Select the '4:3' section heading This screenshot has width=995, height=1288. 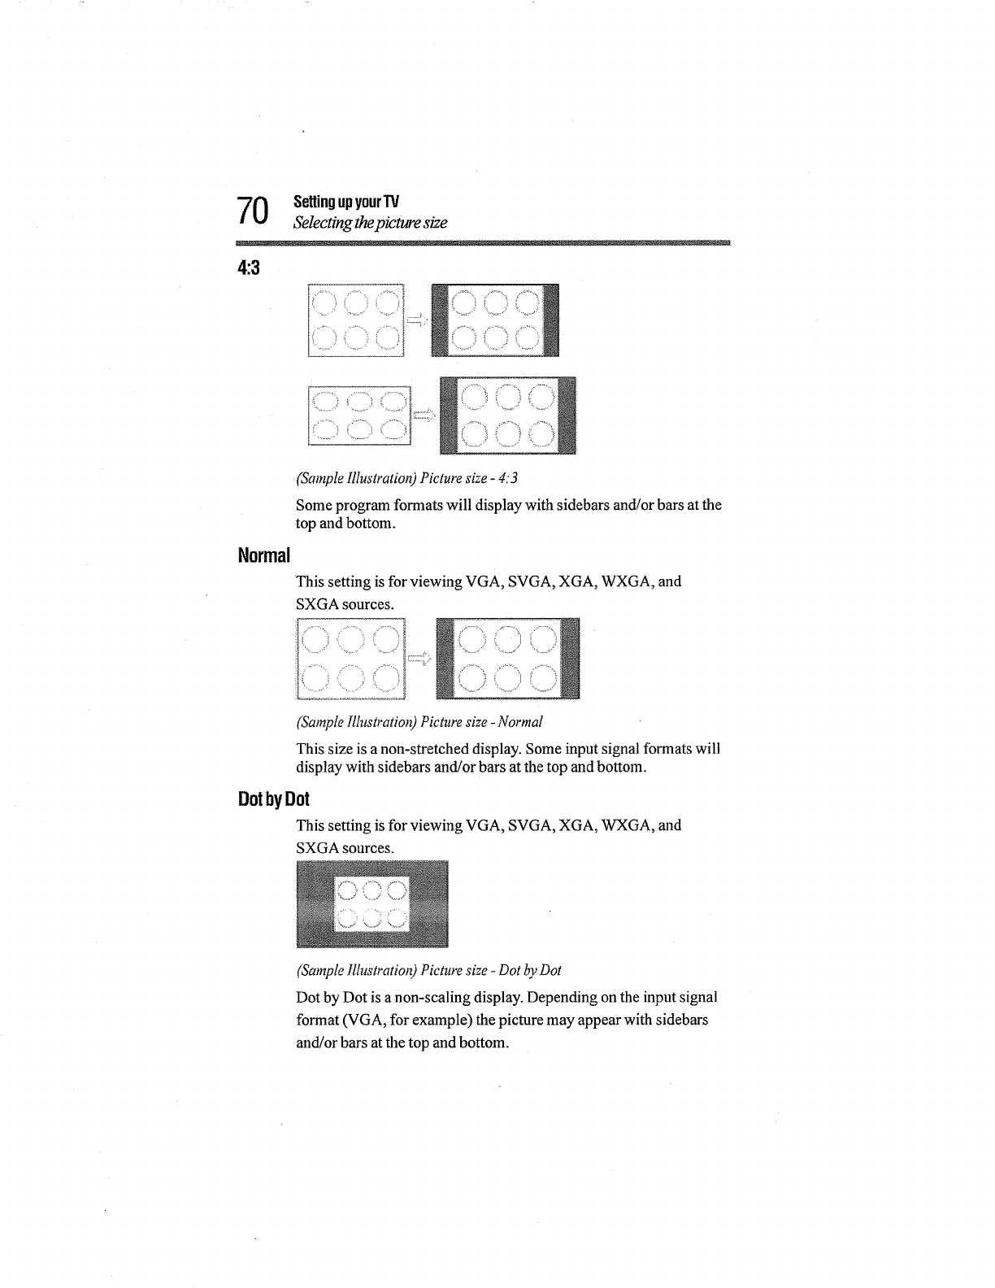pyautogui.click(x=248, y=268)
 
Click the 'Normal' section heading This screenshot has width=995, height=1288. pyautogui.click(x=263, y=556)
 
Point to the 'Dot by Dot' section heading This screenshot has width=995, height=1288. pyautogui.click(x=274, y=799)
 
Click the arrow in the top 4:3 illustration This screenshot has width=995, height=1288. pyautogui.click(x=417, y=320)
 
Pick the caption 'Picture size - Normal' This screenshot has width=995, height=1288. pyautogui.click(x=419, y=722)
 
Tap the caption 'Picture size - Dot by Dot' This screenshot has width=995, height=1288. pyautogui.click(x=428, y=970)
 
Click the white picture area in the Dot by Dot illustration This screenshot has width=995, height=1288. pyautogui.click(x=371, y=903)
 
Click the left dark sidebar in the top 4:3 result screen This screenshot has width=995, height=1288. pyautogui.click(x=440, y=320)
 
